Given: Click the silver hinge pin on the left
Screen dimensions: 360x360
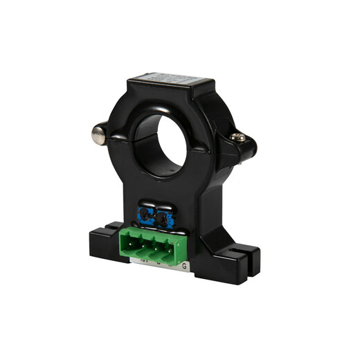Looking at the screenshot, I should tap(99, 133).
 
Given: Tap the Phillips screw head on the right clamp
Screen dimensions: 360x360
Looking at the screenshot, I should tap(239, 138).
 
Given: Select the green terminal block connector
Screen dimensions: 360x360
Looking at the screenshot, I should tap(156, 246).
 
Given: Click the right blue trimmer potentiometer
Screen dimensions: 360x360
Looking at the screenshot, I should tap(164, 220).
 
